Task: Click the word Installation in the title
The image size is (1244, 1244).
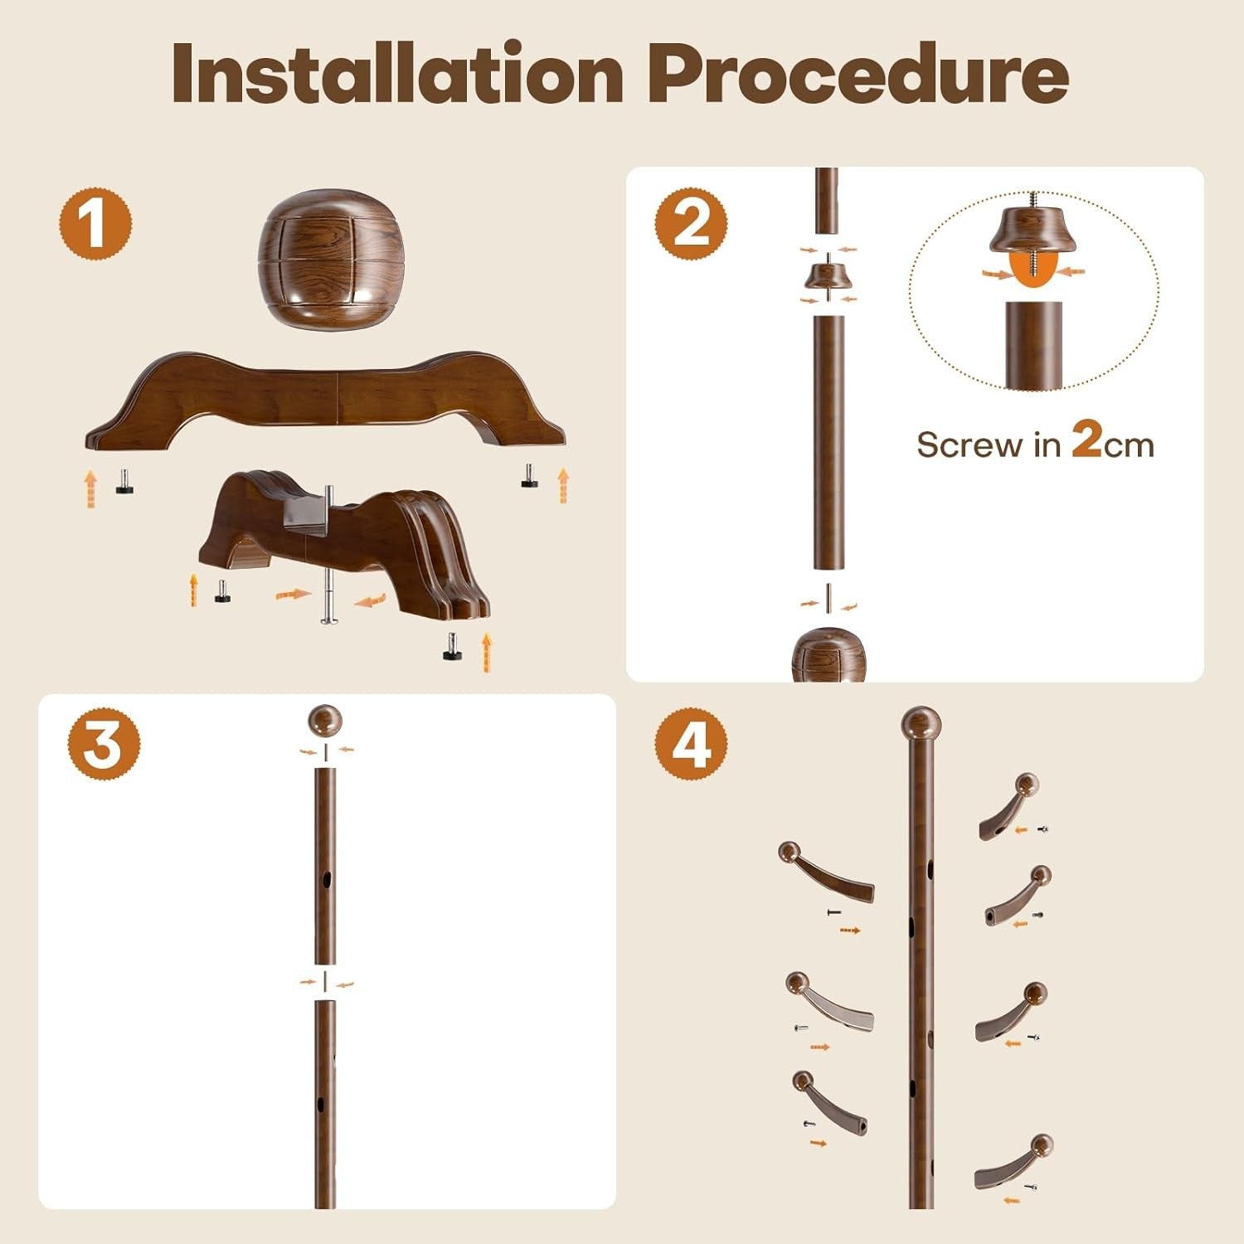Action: tap(398, 75)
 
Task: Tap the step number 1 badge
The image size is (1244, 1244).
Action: tap(95, 225)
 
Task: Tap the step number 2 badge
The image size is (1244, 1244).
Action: tap(691, 223)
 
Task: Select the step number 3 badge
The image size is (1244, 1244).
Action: tap(104, 743)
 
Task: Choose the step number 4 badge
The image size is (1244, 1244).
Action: tap(691, 743)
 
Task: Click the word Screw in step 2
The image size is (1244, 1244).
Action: tap(969, 445)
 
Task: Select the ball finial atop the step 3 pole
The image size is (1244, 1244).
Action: tap(325, 721)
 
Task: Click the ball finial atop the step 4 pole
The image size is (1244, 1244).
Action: tap(921, 724)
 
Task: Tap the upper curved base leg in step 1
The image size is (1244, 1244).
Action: tap(326, 396)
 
